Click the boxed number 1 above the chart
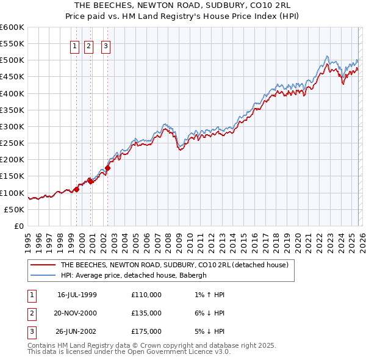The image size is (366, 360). (x=74, y=45)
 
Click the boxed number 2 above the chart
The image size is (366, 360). (x=88, y=45)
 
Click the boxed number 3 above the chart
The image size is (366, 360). (x=106, y=45)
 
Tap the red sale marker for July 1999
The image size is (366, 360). (x=77, y=189)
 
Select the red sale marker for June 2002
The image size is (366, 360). (x=107, y=168)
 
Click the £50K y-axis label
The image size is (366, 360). (x=14, y=209)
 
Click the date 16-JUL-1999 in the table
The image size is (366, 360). (x=77, y=295)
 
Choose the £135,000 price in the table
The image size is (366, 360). (x=146, y=313)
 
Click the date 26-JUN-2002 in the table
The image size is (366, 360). (x=77, y=331)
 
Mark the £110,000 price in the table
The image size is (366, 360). (x=146, y=295)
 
